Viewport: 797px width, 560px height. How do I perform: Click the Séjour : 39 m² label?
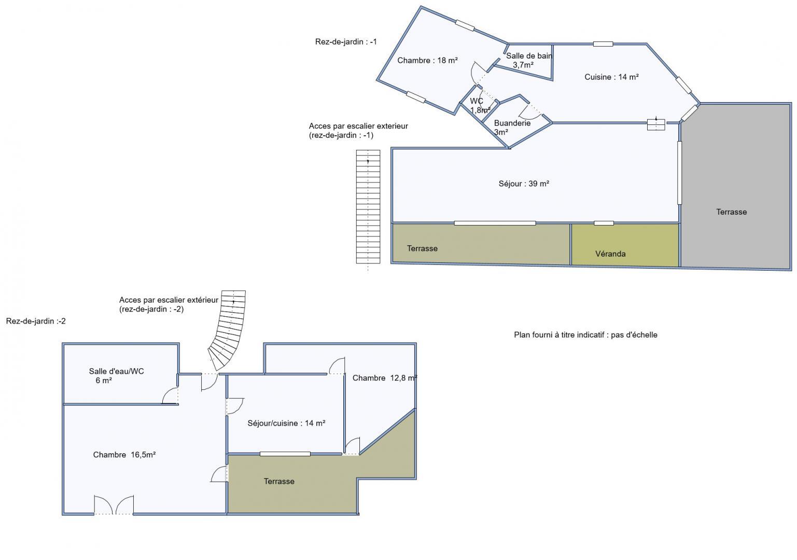coord(524,184)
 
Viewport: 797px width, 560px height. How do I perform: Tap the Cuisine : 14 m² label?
coord(612,77)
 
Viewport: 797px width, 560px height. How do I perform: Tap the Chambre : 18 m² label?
coord(427,61)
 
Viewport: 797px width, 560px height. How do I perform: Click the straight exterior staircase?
coord(368,207)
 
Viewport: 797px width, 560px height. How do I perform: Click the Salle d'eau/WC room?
coord(120,373)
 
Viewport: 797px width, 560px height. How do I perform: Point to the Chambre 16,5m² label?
coord(124,455)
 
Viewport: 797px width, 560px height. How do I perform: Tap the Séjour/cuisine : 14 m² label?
coord(286,424)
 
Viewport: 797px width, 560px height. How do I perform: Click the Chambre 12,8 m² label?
coord(385,378)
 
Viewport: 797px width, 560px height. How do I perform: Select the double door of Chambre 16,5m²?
coord(114,505)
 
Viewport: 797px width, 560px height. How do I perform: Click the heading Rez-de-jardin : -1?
coord(346,41)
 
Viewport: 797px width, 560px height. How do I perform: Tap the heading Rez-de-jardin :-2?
coord(36,321)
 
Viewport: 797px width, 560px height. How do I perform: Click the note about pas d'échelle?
coord(585,335)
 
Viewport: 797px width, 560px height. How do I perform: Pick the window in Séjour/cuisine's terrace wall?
coord(285,454)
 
